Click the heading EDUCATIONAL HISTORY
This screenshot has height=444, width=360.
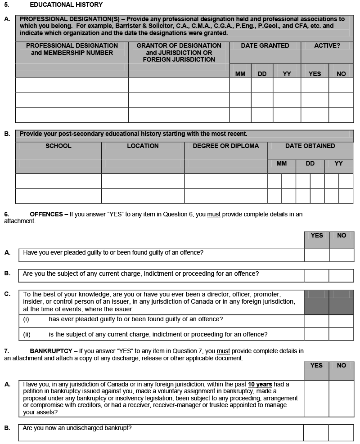(x=66, y=5)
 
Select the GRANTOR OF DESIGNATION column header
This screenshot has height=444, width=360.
(x=179, y=52)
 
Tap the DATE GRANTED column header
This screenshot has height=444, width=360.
(x=265, y=45)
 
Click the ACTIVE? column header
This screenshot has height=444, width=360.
(x=327, y=45)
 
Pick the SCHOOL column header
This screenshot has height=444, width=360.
(x=58, y=146)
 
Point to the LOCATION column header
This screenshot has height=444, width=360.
(x=143, y=146)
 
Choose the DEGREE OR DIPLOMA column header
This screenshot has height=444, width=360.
(x=226, y=146)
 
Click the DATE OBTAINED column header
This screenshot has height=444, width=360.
(x=310, y=146)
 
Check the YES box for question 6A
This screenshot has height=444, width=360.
(x=316, y=255)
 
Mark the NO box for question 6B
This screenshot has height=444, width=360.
(x=341, y=275)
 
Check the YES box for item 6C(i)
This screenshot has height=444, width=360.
(x=316, y=321)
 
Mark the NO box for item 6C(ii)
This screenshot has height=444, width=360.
(x=341, y=334)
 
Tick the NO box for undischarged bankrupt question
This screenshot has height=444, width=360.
(x=341, y=432)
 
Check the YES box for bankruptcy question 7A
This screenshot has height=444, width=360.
(x=316, y=399)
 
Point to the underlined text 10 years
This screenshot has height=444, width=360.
(x=260, y=385)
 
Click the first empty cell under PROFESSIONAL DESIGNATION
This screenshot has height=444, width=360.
(x=72, y=85)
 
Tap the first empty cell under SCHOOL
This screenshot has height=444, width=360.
(x=58, y=181)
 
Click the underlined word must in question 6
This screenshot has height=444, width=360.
(x=214, y=214)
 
